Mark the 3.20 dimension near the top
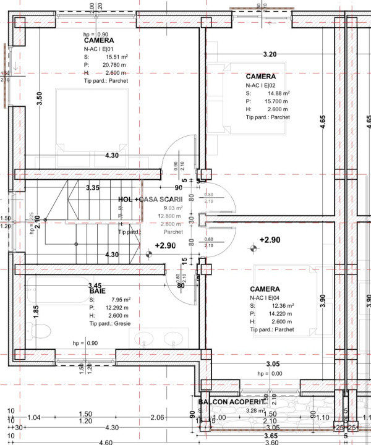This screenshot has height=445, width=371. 270,54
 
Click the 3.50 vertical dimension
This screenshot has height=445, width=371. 40,97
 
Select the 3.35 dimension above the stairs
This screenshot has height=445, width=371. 93,187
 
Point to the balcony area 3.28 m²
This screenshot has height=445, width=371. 255,410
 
